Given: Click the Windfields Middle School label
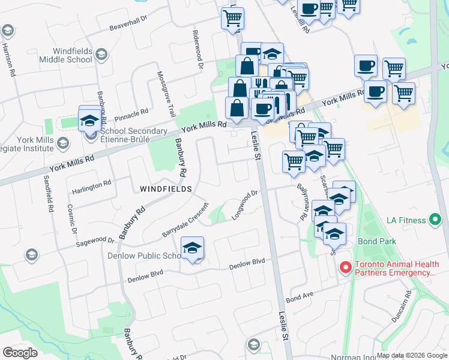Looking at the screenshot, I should (x=65, y=55).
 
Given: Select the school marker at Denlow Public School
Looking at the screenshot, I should (x=192, y=248).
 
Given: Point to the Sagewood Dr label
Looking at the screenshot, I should (x=95, y=241).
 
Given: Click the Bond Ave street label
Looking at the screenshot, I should (x=300, y=296).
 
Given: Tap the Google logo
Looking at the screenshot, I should (x=20, y=353).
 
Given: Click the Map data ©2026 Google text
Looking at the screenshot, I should (x=412, y=354).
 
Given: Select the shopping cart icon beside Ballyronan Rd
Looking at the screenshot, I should (x=294, y=161).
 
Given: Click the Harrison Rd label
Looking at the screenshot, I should (x=8, y=59).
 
